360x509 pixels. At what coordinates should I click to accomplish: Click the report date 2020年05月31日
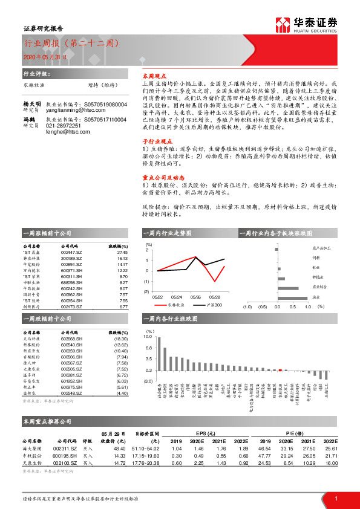tap(42, 57)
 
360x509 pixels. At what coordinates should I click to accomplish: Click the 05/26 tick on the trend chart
tap(195, 297)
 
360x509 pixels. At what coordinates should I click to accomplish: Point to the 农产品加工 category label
tap(322, 248)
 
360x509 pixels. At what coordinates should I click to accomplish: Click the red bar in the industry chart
tap(280, 370)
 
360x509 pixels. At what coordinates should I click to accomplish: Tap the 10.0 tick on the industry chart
tap(148, 337)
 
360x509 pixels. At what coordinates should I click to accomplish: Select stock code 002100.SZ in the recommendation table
tap(65, 462)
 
